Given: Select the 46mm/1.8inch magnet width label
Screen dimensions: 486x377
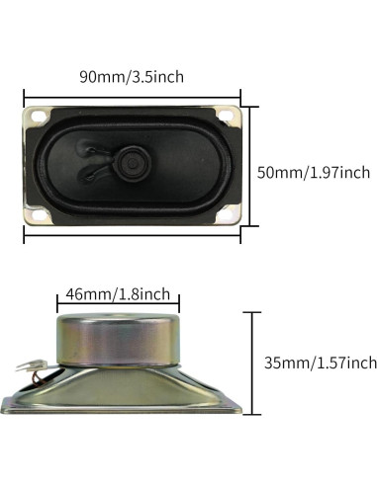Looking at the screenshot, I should click(117, 294).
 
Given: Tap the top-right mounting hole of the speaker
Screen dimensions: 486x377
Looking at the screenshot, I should click(227, 116).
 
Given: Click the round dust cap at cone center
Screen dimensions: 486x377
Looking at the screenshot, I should click(132, 158).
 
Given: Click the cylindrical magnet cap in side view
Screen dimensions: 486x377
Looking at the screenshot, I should click(115, 336).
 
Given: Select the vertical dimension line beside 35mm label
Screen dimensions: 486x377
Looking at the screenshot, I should click(254, 362).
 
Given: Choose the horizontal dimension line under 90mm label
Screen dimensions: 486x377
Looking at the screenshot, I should click(132, 95).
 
